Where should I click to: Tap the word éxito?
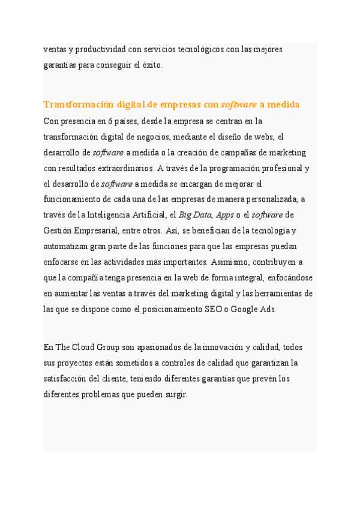coord(152,65)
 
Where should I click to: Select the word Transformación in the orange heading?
coord(79,104)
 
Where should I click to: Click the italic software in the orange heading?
coord(239,104)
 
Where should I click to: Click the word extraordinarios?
coord(124,168)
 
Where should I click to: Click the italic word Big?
coord(186,215)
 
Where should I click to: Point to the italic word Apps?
coord(225,215)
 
